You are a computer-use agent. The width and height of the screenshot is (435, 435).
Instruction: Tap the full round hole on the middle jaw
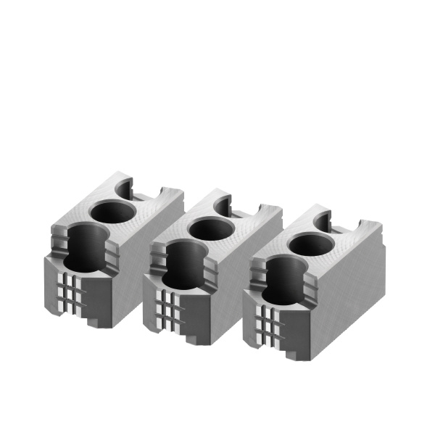click(x=210, y=229)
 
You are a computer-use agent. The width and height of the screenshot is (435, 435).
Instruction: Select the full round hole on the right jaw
click(x=310, y=245)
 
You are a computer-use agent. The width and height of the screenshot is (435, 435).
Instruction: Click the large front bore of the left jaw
click(x=84, y=246)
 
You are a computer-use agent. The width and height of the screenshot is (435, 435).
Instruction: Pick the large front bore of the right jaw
click(x=283, y=278)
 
